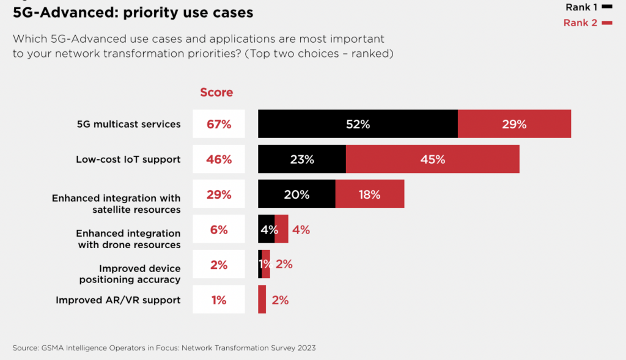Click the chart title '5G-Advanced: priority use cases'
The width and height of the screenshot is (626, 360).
(x=133, y=12)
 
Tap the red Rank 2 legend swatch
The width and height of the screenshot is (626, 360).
(x=607, y=23)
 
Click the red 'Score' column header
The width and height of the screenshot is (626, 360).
(x=216, y=92)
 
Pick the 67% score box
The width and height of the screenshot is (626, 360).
(x=219, y=124)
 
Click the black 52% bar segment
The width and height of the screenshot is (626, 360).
(x=358, y=124)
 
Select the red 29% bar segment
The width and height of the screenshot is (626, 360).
(x=514, y=124)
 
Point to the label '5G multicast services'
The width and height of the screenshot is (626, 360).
(x=128, y=124)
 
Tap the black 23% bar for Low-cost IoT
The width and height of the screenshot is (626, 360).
(x=302, y=160)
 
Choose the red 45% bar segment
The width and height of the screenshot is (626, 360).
(x=432, y=160)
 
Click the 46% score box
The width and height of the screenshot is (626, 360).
(x=219, y=160)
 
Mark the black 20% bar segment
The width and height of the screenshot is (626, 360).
(x=296, y=194)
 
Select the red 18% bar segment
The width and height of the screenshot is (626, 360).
(x=369, y=194)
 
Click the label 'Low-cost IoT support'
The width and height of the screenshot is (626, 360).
(x=128, y=160)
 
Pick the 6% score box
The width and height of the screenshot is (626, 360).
(x=219, y=230)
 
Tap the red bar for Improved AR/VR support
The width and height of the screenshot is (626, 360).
(x=262, y=299)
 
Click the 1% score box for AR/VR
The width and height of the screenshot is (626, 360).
(x=219, y=299)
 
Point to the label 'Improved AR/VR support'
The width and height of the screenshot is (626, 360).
(x=118, y=300)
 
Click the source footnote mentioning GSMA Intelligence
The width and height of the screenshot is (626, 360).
(x=164, y=348)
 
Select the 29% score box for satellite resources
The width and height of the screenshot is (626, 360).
(x=219, y=194)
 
